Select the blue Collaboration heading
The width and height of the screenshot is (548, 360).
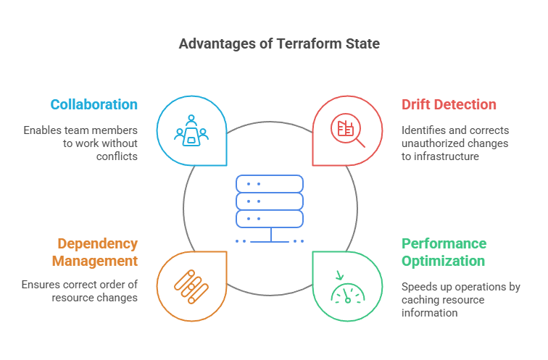click(94, 104)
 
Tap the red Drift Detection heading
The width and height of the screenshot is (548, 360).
click(449, 104)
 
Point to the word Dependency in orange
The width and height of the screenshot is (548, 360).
click(97, 243)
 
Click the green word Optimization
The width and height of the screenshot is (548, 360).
click(443, 261)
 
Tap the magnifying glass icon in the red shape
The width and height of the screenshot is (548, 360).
click(347, 131)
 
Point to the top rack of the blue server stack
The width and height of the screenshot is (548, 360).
click(270, 183)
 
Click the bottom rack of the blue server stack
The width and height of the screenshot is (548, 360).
click(270, 218)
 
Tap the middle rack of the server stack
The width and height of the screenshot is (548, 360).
click(270, 201)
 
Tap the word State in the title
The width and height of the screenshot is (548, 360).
click(362, 44)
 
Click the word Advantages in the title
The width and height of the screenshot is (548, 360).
click(213, 44)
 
